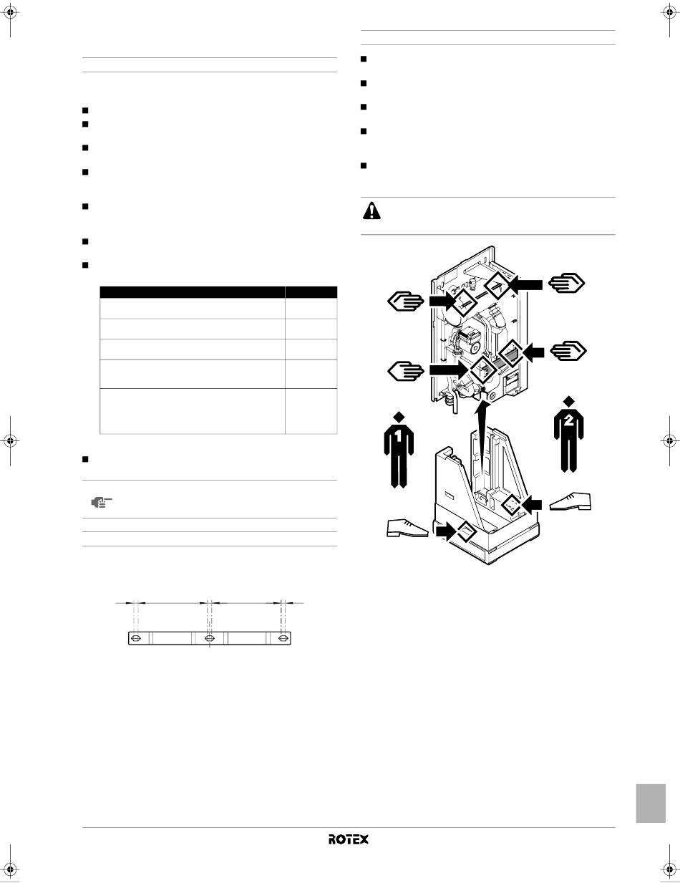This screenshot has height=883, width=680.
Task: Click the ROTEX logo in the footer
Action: pos(349,839)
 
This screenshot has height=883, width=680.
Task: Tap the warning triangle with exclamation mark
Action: pos(371,211)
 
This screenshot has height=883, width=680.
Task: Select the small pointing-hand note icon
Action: pos(102,503)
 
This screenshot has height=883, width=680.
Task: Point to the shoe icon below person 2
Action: pos(570,502)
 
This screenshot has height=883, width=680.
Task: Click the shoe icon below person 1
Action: pos(408,528)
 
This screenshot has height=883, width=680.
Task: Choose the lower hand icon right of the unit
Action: pos(568,350)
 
